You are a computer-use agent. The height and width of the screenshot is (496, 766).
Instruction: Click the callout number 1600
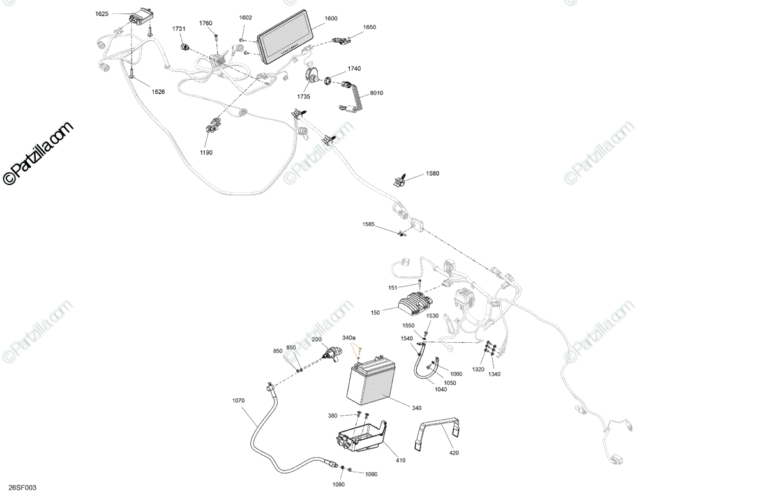[x=331, y=19]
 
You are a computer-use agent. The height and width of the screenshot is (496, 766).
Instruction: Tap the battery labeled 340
[x=372, y=384]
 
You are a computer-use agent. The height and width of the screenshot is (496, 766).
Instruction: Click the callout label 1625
[x=102, y=13]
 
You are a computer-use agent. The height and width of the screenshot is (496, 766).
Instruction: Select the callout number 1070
[x=238, y=400]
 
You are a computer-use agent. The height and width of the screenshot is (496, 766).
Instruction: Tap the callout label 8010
[x=377, y=93]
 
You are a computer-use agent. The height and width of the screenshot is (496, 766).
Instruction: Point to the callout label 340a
[x=349, y=338]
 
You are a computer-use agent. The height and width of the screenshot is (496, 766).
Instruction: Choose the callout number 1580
[x=433, y=174]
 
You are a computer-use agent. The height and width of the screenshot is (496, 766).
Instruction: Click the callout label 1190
[x=206, y=153]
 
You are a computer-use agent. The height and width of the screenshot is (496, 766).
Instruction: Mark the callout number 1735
[x=303, y=96]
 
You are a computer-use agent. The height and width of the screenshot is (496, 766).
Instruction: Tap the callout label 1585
[x=369, y=224]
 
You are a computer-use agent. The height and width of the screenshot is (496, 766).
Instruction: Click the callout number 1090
[x=371, y=474]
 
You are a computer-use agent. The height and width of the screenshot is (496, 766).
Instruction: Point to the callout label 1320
[x=478, y=370]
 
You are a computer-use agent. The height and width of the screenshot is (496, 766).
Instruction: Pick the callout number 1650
[x=370, y=27]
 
